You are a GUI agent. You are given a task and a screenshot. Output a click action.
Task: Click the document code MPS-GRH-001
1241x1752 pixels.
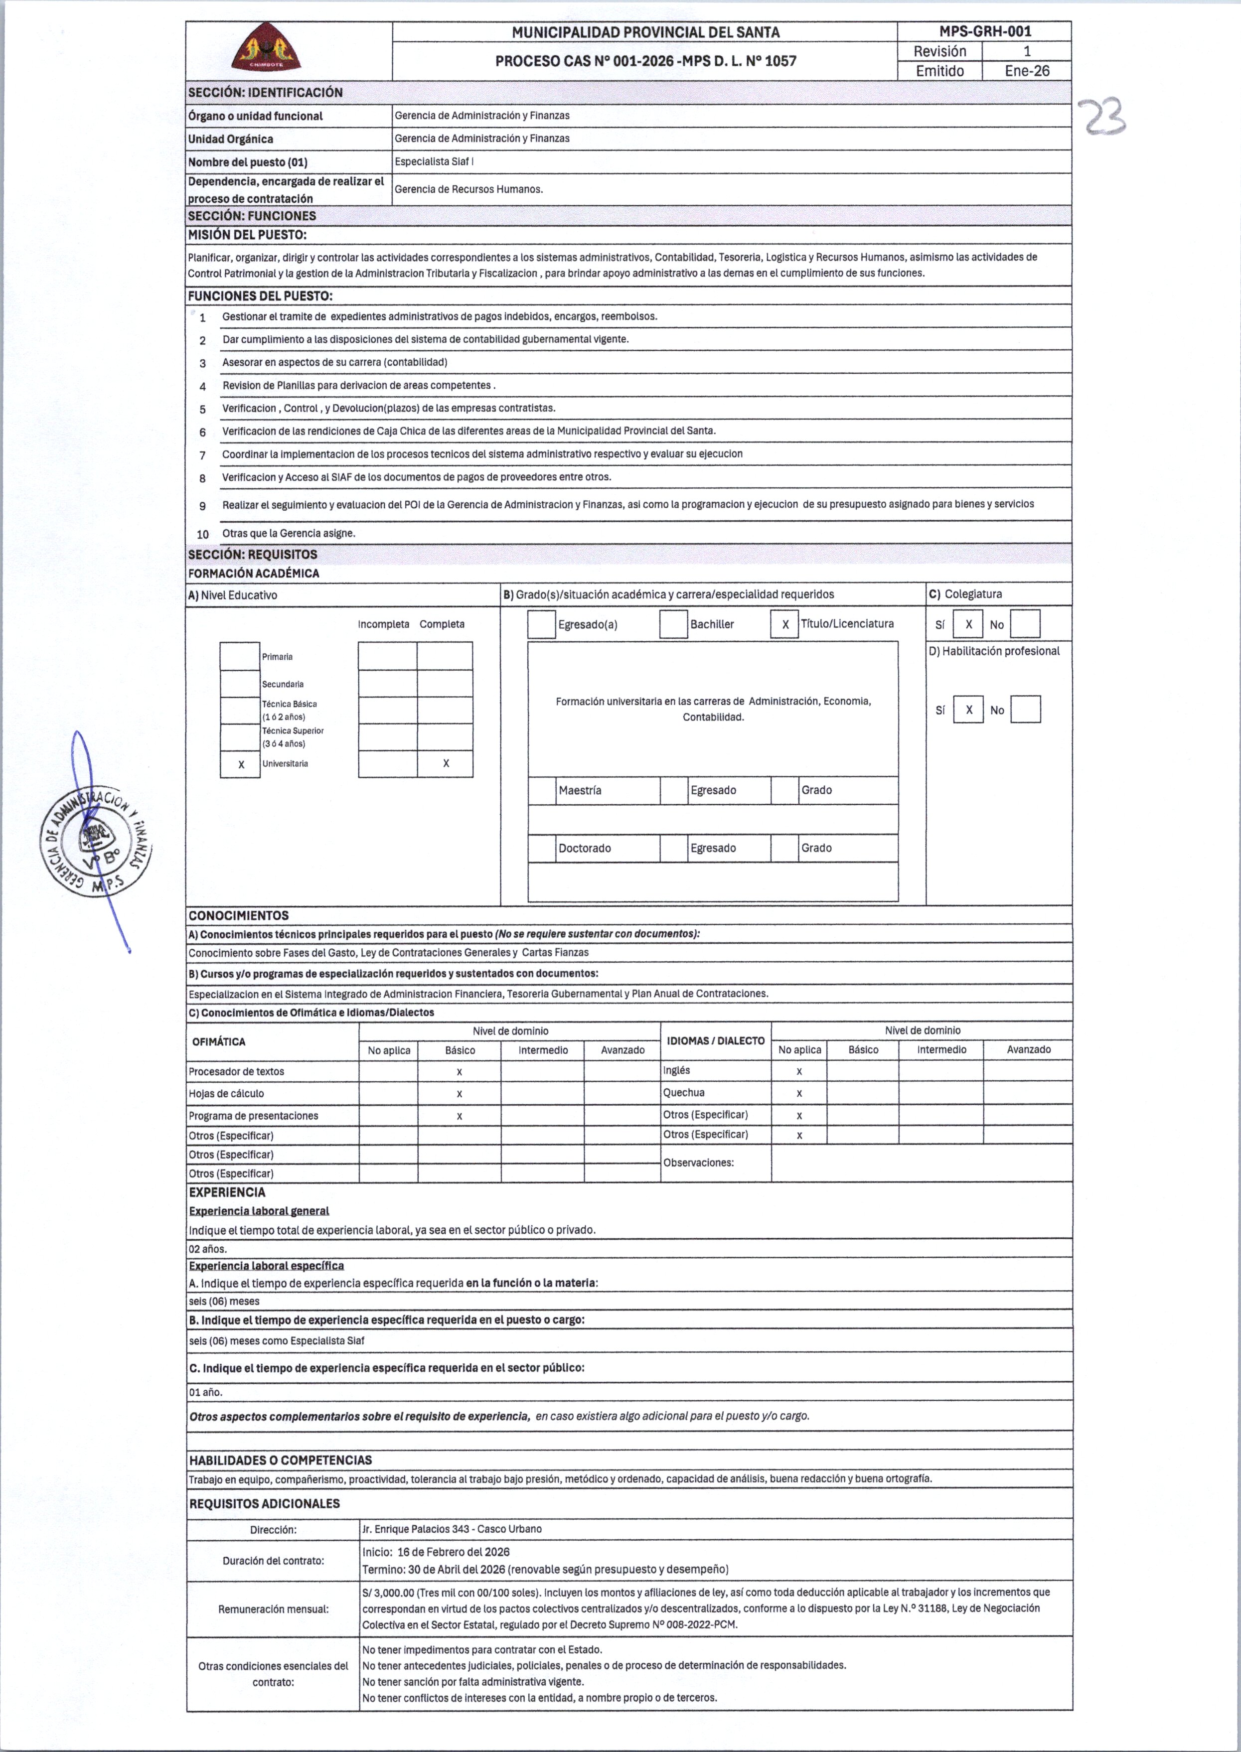coord(984,31)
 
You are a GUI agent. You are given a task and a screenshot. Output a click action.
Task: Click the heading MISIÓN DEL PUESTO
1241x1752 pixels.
coord(247,235)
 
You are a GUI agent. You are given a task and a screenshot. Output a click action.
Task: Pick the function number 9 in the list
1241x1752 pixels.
coord(202,506)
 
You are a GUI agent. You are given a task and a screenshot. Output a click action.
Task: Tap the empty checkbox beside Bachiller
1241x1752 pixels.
coord(673,624)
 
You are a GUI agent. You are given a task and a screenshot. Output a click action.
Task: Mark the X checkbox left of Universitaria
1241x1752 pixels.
coord(241,764)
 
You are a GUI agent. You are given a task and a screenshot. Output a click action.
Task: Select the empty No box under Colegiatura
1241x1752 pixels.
coord(1025,624)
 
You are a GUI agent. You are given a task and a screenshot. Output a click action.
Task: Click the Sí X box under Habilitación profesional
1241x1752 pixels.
coord(968,710)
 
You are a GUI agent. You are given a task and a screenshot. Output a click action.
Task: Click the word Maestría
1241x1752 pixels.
coord(579,790)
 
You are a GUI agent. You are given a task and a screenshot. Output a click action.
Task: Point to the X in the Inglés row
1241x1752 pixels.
coord(799,1071)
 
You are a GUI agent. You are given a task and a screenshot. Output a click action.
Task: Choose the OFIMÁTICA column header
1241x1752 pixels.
coord(219,1041)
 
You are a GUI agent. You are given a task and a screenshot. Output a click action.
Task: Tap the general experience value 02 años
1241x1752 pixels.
coord(208,1249)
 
